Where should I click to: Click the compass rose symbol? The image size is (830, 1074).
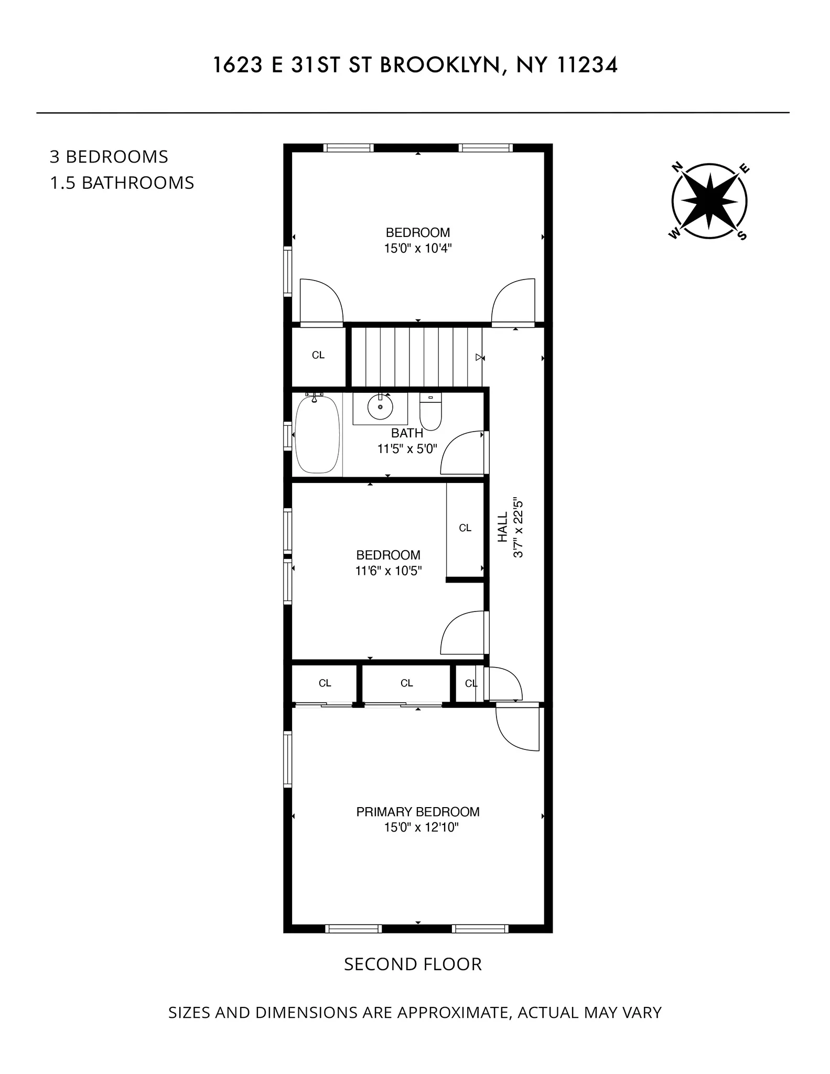coord(709,201)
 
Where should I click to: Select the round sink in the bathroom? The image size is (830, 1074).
coord(380,407)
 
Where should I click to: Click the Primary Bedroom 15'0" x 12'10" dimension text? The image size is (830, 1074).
coord(417,828)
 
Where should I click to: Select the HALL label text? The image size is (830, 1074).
coord(503,527)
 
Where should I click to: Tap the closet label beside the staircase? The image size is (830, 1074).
coord(318,356)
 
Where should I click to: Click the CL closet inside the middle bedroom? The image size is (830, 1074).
coord(465,528)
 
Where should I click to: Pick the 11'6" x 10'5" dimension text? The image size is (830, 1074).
coord(389,571)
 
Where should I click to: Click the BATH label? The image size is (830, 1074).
coord(407,433)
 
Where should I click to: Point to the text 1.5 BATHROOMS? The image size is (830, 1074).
coord(122,183)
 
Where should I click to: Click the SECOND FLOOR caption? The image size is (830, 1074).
coord(413,964)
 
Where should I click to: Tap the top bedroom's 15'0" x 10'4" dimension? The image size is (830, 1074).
coord(417,249)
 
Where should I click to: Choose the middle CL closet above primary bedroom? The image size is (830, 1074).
coord(406,683)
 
